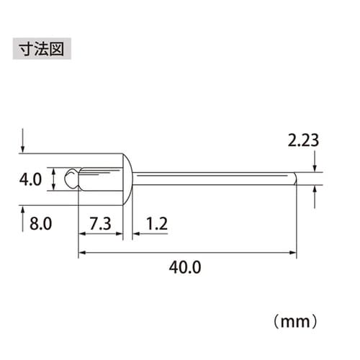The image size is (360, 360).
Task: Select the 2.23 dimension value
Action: tap(303, 141)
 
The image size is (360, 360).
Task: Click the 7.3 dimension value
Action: tap(101, 224)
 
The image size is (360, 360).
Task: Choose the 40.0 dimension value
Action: tap(185, 267)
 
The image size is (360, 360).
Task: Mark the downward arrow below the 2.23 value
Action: tap(315, 166)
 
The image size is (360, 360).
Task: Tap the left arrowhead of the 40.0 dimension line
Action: tap(81, 252)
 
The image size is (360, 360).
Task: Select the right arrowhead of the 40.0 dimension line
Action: tap(293, 252)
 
